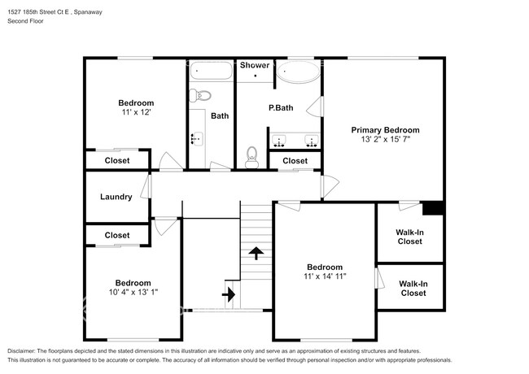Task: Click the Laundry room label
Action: coord(116,197)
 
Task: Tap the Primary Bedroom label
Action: coord(385,130)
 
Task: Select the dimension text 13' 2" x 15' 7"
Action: coord(385,139)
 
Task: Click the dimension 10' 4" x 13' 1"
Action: coord(133,292)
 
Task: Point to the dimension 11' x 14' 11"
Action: coord(325,276)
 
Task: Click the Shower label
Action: coord(255,65)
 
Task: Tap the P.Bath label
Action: coord(281,108)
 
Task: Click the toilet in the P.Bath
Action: coord(251,158)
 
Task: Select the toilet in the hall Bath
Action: coord(199,95)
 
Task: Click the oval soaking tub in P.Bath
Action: coord(298,72)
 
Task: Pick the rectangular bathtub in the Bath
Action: coord(211,71)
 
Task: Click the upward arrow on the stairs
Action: coord(256,253)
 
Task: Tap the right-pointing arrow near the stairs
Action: coord(229,294)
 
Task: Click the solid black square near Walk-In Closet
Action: coord(433,208)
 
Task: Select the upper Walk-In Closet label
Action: coord(409,237)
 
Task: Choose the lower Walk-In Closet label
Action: coord(413,289)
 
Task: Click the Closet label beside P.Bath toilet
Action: coord(295,161)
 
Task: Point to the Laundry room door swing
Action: coord(146,186)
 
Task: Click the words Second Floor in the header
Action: coord(26,21)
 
